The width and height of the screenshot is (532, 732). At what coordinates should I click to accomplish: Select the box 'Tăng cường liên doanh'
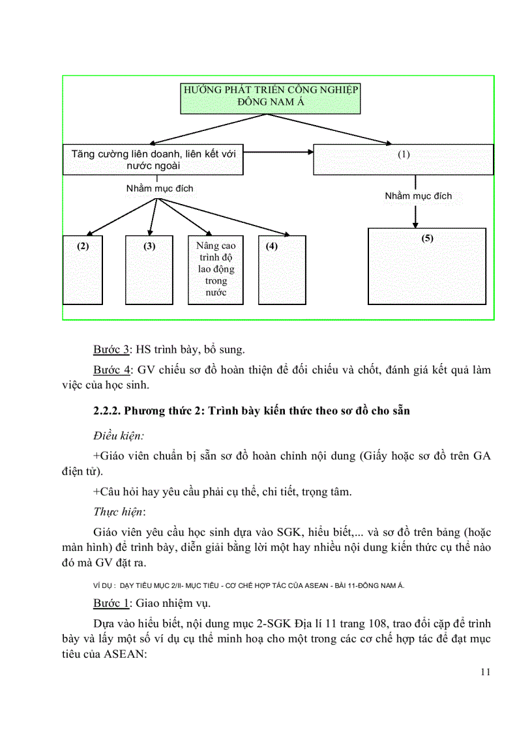153,160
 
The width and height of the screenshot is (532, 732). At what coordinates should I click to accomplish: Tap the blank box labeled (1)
404,160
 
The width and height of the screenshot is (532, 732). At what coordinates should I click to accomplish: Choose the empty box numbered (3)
149,270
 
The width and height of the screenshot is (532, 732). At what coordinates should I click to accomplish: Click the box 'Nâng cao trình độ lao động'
216,270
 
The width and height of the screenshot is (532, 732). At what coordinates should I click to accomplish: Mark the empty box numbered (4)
282,270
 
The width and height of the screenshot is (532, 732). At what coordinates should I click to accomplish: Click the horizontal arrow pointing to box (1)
278,153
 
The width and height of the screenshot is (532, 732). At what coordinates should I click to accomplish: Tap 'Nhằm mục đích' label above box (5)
418,196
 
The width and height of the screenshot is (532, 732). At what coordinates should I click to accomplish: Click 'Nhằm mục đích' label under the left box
160,188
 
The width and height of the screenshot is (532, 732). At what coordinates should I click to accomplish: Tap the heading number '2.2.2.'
106,411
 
